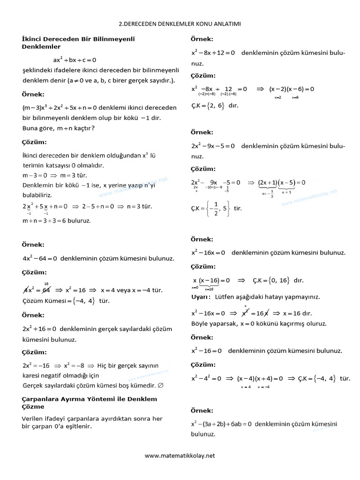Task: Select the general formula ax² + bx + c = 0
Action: click(75, 60)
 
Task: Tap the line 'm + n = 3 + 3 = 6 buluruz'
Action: click(56, 220)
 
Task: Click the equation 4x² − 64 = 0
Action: click(40, 258)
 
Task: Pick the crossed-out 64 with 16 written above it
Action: click(46, 290)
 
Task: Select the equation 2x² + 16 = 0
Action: click(40, 329)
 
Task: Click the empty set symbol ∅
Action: click(161, 386)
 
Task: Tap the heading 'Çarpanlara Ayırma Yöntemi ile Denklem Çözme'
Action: click(90, 403)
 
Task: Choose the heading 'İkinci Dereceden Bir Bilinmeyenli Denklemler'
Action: click(78, 43)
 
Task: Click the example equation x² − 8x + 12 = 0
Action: click(213, 53)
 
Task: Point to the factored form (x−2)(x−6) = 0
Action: click(292, 89)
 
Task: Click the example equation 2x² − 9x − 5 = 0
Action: click(213, 146)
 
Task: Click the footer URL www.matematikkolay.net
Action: click(180, 455)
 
